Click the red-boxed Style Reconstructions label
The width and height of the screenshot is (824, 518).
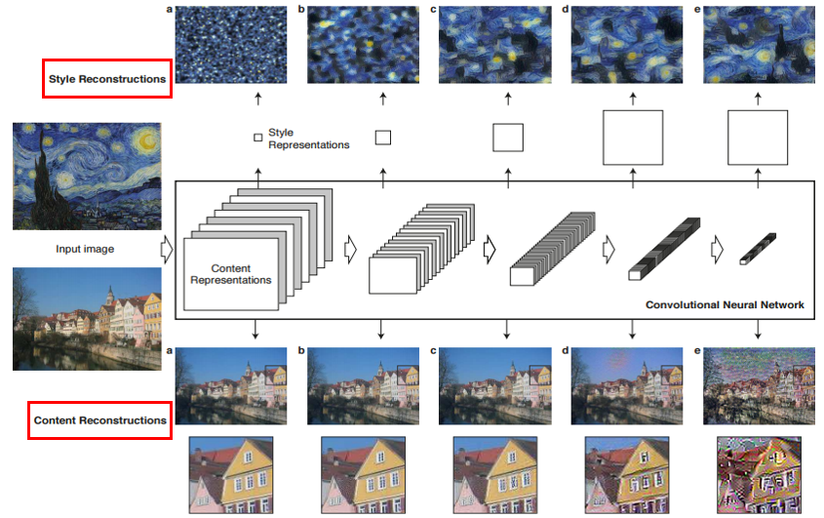[x=107, y=78]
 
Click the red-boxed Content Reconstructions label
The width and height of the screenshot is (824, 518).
[x=99, y=420]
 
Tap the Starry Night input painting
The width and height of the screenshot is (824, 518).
[x=87, y=176]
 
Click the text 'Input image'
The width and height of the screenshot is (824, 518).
[x=85, y=249]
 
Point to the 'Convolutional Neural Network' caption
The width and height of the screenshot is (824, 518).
[x=725, y=305]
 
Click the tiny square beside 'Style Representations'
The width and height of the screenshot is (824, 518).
[x=257, y=138]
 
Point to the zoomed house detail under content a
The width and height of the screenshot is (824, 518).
[x=231, y=475]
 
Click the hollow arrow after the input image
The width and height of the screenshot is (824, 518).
[x=166, y=249]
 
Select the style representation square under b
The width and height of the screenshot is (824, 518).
[x=382, y=138]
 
